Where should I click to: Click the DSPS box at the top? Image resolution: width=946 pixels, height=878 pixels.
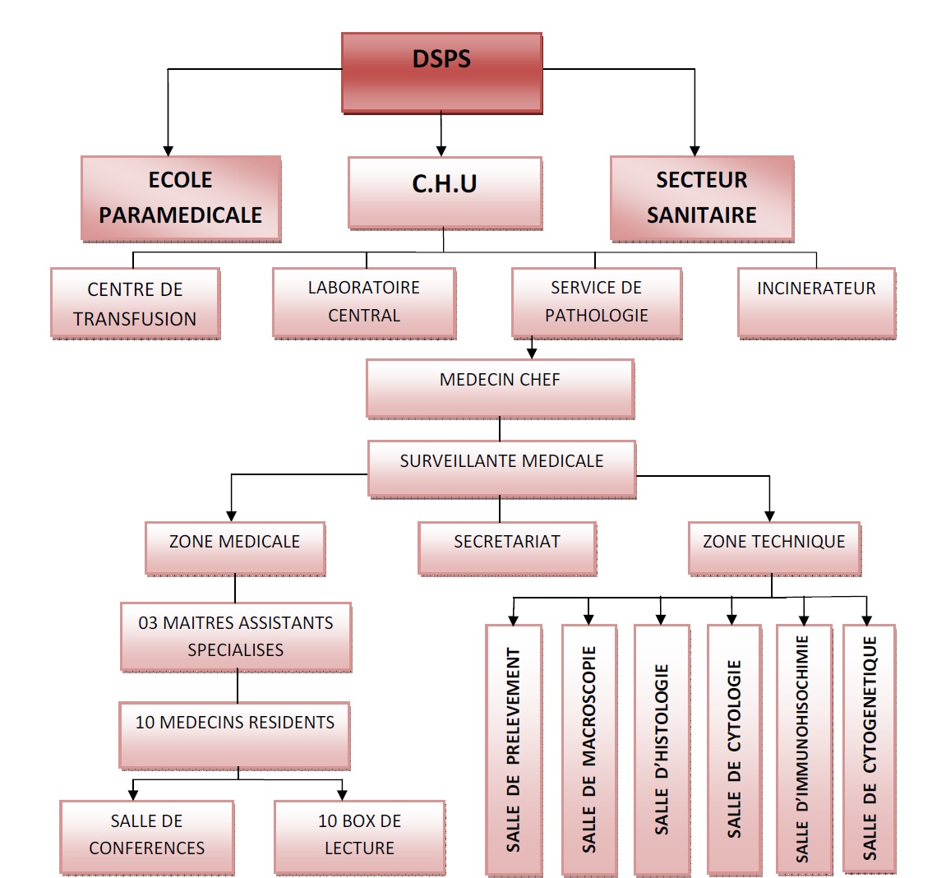tap(441, 72)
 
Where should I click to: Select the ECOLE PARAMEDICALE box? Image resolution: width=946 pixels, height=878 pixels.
tap(181, 198)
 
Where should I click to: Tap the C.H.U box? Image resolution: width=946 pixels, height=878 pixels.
tap(445, 192)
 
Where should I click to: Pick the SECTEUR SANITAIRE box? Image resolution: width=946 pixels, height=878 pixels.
tap(702, 198)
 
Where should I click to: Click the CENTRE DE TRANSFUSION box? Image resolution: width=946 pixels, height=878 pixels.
tap(135, 303)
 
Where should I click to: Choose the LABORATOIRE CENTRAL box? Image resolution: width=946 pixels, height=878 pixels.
tap(364, 302)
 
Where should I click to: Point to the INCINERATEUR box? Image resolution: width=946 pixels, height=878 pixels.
tap(816, 302)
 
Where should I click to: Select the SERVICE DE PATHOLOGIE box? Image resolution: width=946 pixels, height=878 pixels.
tap(597, 302)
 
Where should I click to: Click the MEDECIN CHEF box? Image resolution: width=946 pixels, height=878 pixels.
tap(500, 388)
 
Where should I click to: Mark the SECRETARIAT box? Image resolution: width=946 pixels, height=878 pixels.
tap(507, 548)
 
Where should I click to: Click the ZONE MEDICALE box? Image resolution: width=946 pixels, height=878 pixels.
tap(235, 548)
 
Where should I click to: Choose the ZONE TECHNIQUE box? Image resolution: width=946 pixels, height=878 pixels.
tap(774, 548)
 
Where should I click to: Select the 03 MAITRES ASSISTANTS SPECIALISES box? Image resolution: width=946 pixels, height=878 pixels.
tap(236, 636)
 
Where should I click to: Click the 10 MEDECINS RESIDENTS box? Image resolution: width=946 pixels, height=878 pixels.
tap(235, 734)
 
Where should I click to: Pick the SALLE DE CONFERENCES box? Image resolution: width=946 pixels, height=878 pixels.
tap(147, 836)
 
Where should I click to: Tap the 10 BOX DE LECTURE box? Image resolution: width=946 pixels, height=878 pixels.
tap(359, 836)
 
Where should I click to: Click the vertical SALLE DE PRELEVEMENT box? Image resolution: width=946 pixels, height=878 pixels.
tap(514, 749)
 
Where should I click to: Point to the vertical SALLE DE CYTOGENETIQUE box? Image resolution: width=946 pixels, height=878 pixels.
tap(870, 749)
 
